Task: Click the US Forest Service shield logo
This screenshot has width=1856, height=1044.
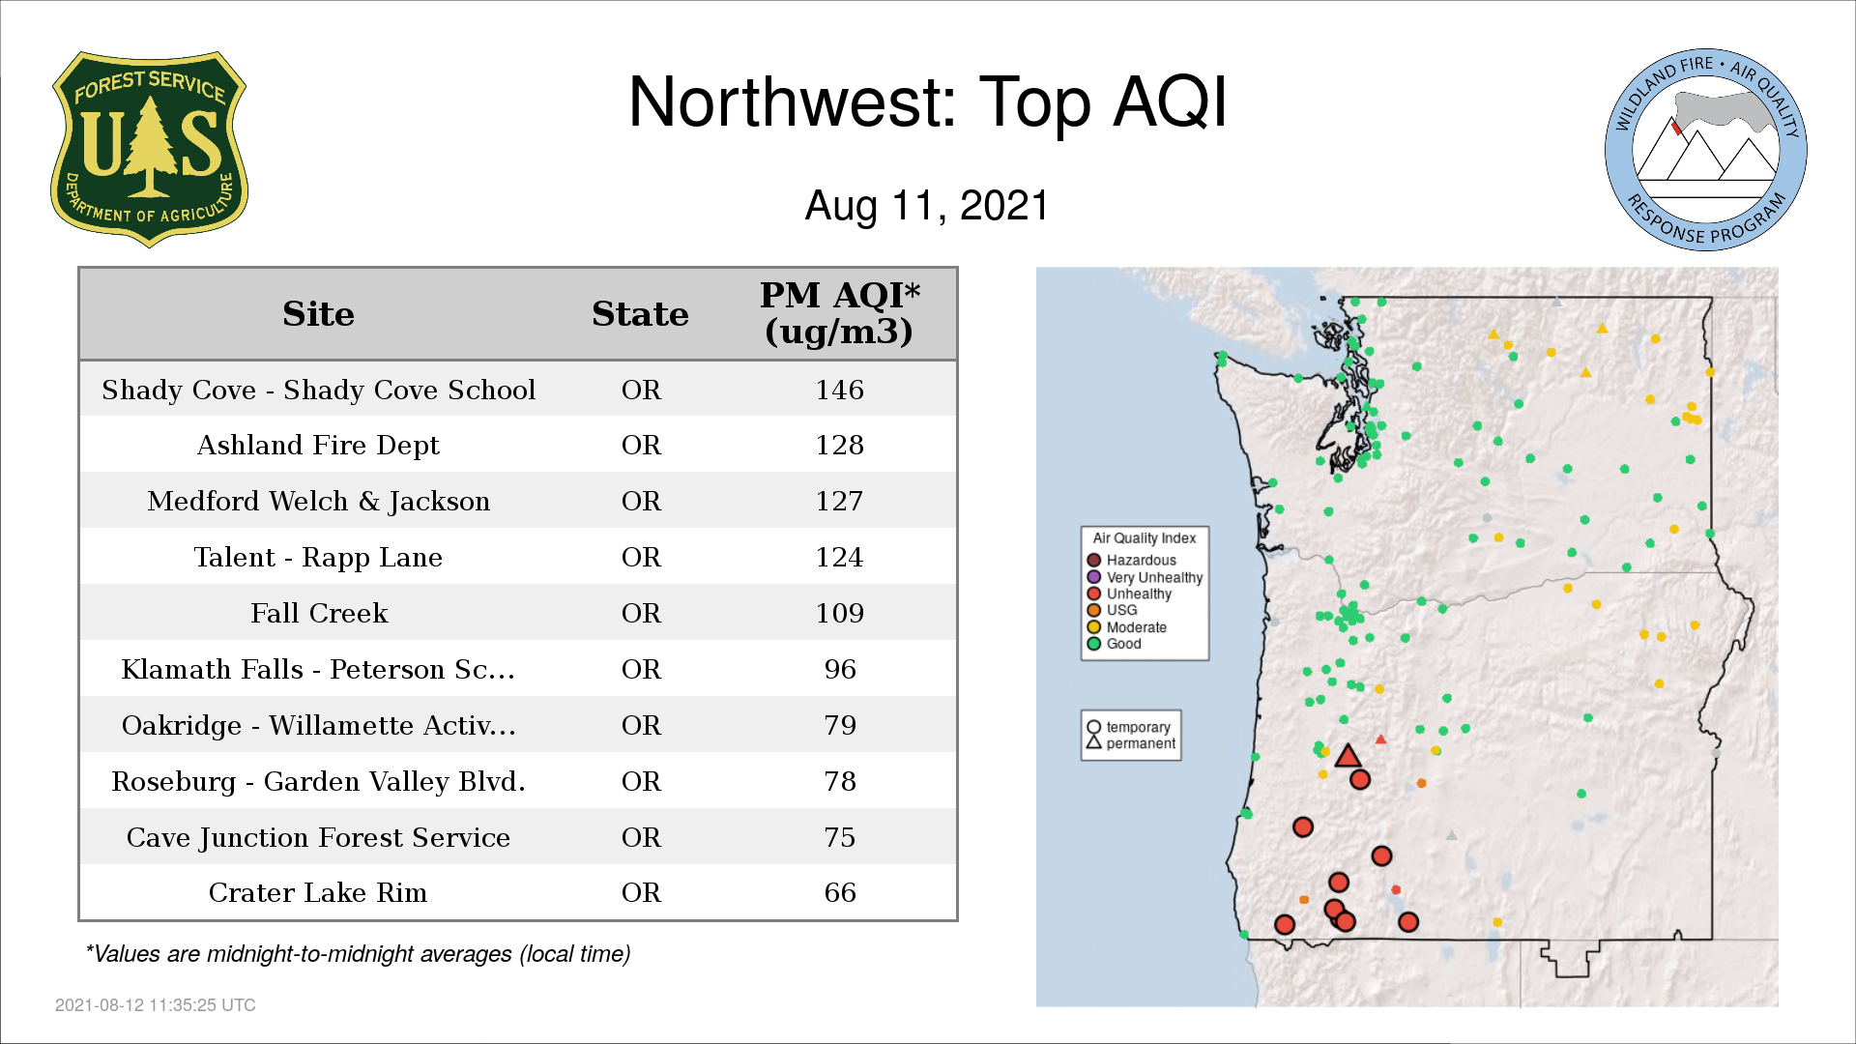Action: pyautogui.click(x=149, y=149)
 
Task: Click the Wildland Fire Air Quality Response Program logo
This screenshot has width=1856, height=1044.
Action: pyautogui.click(x=1706, y=150)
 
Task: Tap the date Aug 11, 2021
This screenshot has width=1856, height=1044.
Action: pyautogui.click(x=927, y=206)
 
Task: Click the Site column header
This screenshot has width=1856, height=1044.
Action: pyautogui.click(x=318, y=314)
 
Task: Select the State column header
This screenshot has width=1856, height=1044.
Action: pyautogui.click(x=640, y=314)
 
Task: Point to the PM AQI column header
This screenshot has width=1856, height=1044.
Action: pyautogui.click(x=839, y=313)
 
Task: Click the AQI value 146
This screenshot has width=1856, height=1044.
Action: pyautogui.click(x=839, y=390)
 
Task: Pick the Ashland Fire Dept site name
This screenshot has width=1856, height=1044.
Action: pyautogui.click(x=318, y=445)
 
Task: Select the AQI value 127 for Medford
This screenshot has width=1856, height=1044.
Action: pyautogui.click(x=839, y=501)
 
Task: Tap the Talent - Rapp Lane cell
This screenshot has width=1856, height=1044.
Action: pyautogui.click(x=318, y=557)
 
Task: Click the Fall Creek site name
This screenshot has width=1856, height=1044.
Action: pyautogui.click(x=319, y=613)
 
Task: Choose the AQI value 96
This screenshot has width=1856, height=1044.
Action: pyautogui.click(x=840, y=669)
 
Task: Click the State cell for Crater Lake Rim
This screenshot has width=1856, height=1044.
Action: pyautogui.click(x=641, y=892)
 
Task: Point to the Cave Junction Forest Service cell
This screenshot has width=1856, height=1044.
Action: pyautogui.click(x=318, y=837)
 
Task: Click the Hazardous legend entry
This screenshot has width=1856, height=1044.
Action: pyautogui.click(x=1131, y=560)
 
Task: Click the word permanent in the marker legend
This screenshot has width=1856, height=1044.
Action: pyautogui.click(x=1141, y=743)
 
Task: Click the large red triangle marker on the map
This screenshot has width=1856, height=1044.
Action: pyautogui.click(x=1348, y=757)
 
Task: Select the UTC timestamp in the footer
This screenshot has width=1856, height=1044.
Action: pyautogui.click(x=156, y=1005)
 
